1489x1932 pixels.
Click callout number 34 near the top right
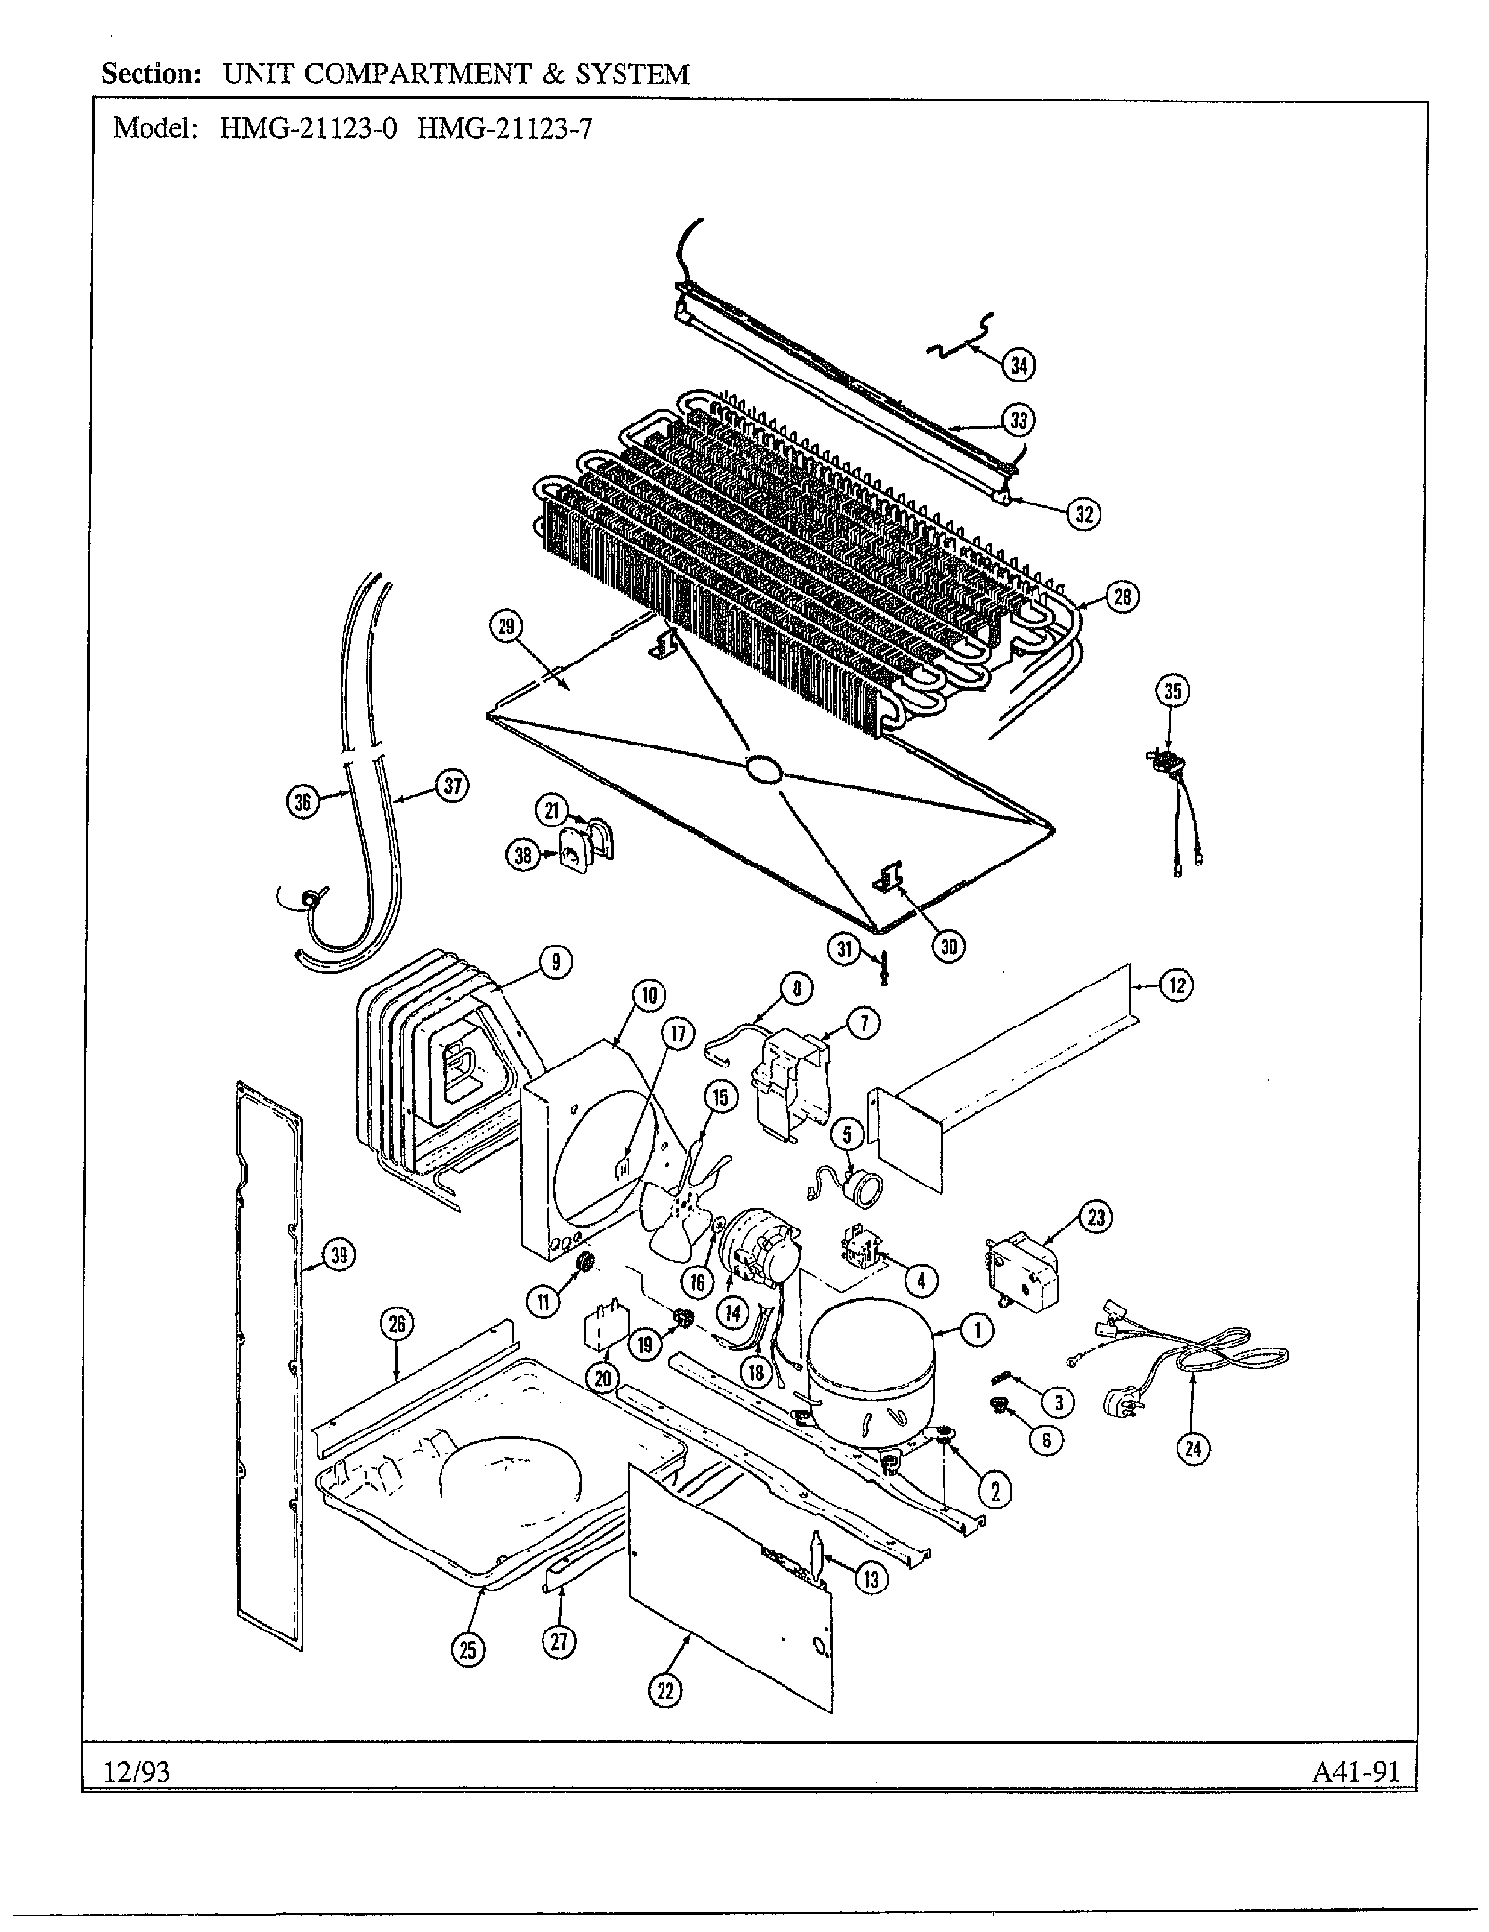click(x=1019, y=365)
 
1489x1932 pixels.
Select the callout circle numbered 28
click(x=1122, y=596)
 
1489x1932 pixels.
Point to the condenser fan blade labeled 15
click(x=676, y=1199)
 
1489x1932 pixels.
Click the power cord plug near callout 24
click(x=1118, y=1403)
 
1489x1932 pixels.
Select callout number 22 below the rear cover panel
click(x=664, y=1691)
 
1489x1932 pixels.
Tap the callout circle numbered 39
click(x=338, y=1257)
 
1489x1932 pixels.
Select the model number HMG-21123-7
click(x=503, y=129)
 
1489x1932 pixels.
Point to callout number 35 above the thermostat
click(x=1173, y=691)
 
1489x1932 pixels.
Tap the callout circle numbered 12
click(x=1176, y=986)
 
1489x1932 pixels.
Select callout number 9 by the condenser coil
click(x=554, y=963)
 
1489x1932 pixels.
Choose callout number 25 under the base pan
click(x=468, y=1649)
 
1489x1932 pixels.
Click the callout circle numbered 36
click(x=304, y=802)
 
